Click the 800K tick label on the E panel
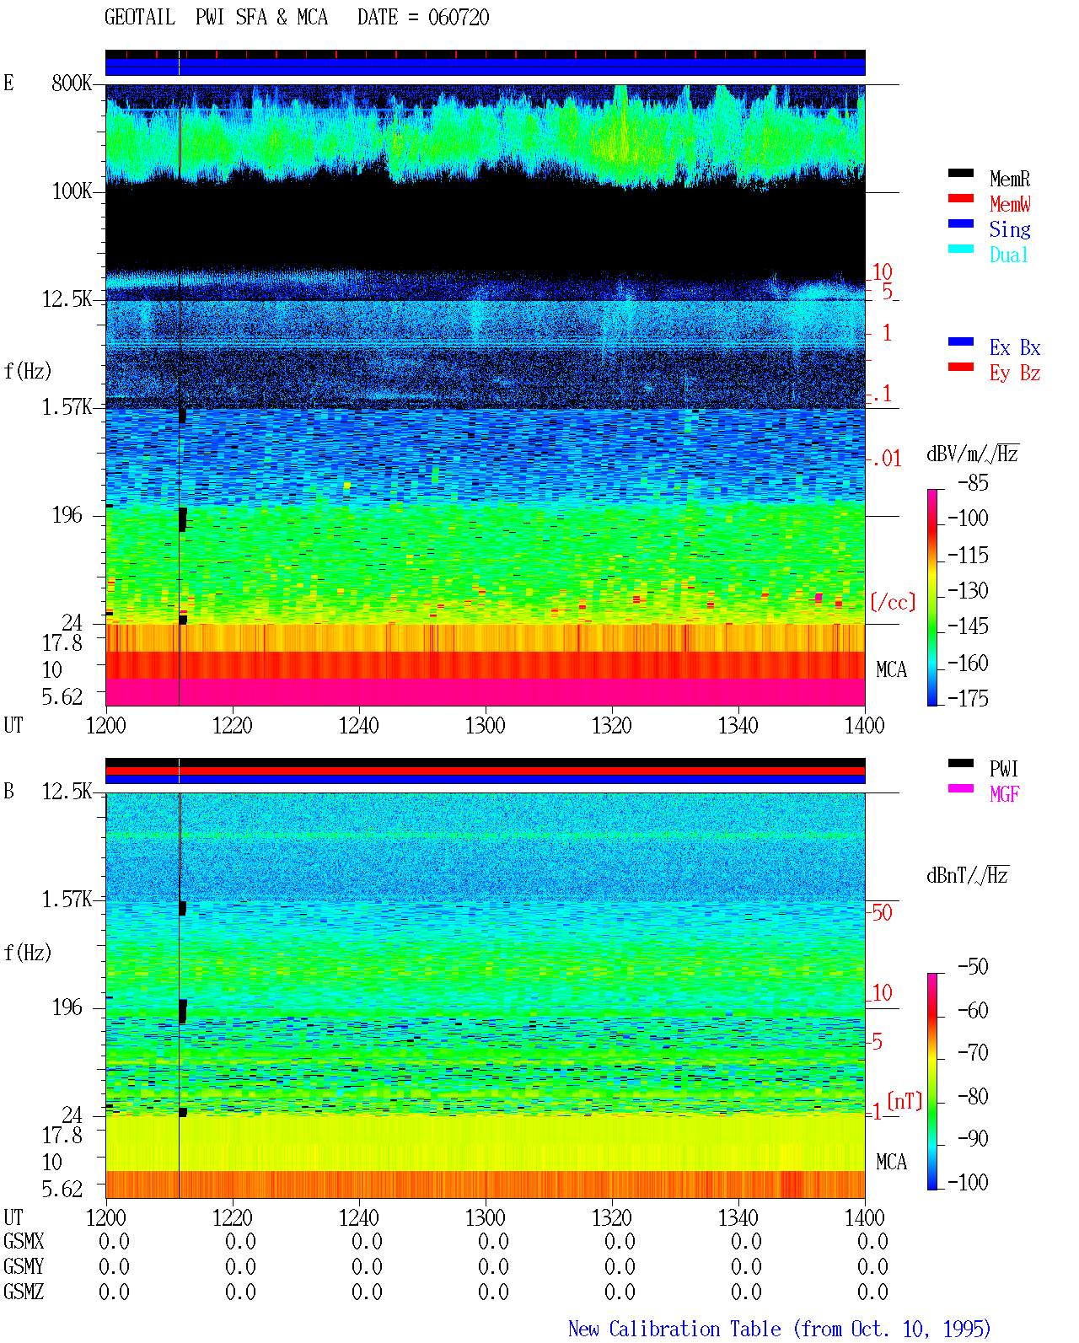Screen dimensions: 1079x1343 coord(72,83)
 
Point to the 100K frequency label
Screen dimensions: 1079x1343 coord(72,191)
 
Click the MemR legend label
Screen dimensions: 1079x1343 coord(1009,179)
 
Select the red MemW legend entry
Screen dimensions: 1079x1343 coord(1009,204)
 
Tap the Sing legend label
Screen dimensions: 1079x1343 coord(1009,229)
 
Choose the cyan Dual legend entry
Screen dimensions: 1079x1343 coord(1008,255)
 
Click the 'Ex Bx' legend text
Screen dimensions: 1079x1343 coord(1014,347)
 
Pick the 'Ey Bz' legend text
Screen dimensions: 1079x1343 coord(1014,373)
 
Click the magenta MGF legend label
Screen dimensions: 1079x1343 coord(1004,794)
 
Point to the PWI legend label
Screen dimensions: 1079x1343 coord(1003,768)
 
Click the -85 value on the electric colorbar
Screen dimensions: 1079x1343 coord(972,483)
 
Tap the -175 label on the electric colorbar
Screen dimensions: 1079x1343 coord(968,698)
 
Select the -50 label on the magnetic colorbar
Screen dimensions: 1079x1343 coord(972,967)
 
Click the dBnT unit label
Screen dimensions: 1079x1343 coord(967,876)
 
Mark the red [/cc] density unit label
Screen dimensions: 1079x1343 coord(893,602)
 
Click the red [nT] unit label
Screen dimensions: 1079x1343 coord(905,1100)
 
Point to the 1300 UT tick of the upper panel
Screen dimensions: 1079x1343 coord(485,725)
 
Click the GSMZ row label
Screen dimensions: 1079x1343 coord(24,1292)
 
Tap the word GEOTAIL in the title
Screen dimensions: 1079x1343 coord(140,18)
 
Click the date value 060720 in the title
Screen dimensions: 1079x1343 coord(458,18)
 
